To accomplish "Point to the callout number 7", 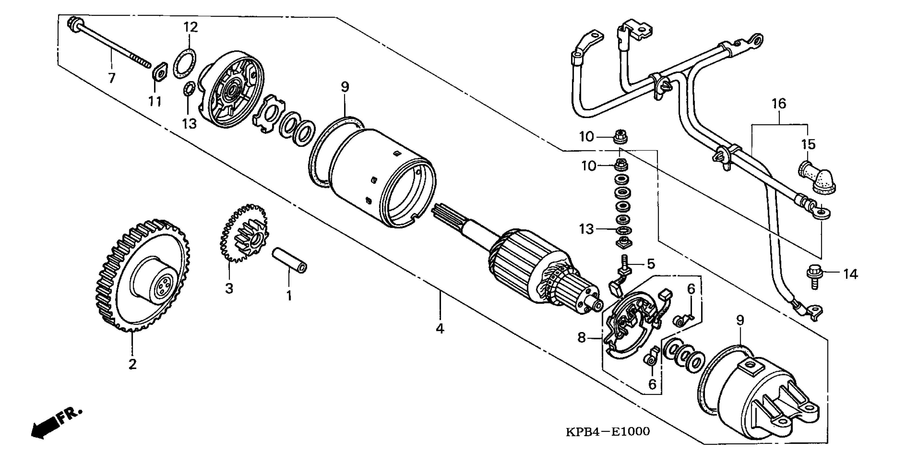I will [x=112, y=78].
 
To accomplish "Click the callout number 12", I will [x=191, y=27].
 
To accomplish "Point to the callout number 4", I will [x=440, y=328].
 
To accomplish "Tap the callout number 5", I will [x=651, y=263].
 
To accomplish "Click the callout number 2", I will [x=132, y=364].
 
